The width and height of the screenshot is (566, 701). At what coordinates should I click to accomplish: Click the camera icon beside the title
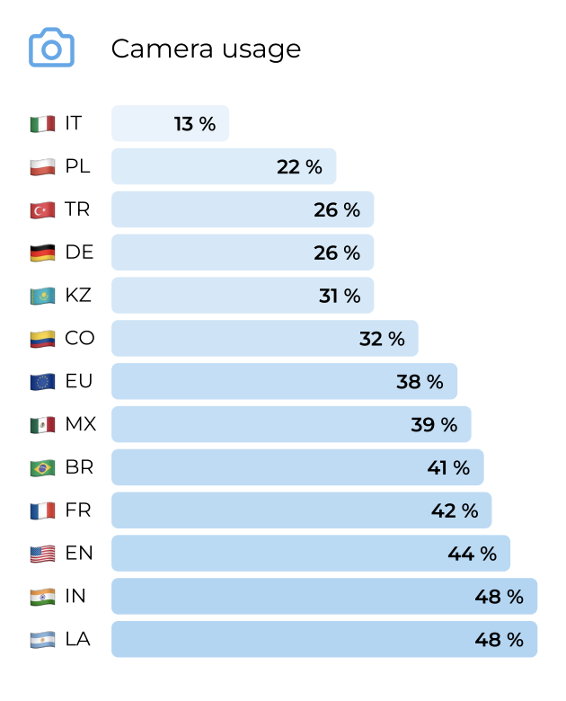click(51, 48)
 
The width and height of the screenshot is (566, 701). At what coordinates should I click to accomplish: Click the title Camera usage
click(206, 49)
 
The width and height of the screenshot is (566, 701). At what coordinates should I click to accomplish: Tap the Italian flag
click(42, 124)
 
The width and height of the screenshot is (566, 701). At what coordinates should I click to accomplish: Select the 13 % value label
click(195, 124)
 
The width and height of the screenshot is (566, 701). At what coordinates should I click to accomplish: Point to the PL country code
click(78, 166)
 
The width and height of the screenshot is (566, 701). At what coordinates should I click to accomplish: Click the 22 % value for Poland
click(299, 166)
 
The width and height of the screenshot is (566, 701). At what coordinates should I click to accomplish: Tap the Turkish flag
click(42, 209)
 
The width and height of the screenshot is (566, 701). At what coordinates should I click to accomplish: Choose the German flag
click(42, 253)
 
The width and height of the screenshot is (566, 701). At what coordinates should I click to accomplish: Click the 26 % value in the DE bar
click(337, 253)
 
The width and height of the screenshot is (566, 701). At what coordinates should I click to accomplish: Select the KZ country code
click(78, 296)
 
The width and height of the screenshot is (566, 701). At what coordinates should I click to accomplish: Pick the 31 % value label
click(340, 296)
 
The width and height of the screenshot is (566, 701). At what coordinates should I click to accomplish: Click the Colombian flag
click(42, 339)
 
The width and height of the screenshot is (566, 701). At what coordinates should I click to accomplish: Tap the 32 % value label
click(382, 339)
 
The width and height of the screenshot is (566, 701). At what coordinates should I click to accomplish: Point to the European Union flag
click(42, 382)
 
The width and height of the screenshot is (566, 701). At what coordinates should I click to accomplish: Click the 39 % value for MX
click(434, 425)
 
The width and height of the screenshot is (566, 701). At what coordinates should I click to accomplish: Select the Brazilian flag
click(42, 468)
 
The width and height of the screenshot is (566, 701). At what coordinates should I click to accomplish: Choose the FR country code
click(78, 511)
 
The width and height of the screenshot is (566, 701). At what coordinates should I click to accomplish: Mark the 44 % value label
click(473, 554)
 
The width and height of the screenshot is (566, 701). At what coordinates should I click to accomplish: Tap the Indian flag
click(42, 597)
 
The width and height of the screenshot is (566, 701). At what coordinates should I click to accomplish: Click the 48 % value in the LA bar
click(499, 640)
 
